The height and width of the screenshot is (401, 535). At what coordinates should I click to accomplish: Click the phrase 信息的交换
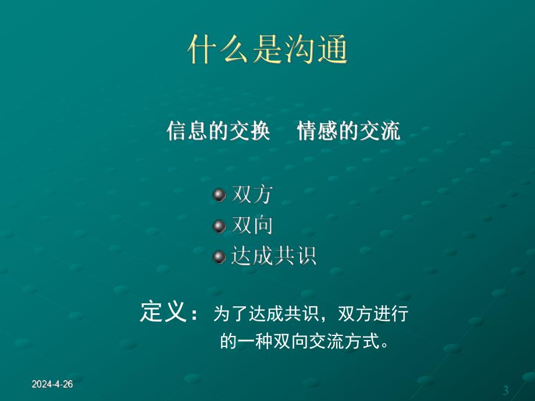(x=218, y=131)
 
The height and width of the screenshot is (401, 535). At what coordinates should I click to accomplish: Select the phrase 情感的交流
(x=348, y=131)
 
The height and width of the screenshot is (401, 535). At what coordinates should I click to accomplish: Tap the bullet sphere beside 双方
(x=219, y=195)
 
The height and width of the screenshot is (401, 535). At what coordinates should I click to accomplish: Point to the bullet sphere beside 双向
(x=219, y=225)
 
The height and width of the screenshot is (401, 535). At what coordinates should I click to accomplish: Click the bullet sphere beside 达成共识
(x=219, y=256)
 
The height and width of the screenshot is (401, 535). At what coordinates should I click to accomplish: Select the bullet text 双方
(x=252, y=195)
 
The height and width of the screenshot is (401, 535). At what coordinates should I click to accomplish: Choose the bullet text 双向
(x=252, y=225)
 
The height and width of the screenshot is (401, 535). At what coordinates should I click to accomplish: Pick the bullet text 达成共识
(x=273, y=256)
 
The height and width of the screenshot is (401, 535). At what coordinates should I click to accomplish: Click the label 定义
(x=163, y=312)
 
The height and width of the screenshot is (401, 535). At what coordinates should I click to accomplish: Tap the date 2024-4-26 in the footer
(x=52, y=385)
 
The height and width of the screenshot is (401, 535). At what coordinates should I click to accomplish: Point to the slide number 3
(x=505, y=389)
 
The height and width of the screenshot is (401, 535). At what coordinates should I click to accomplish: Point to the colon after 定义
(x=194, y=314)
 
